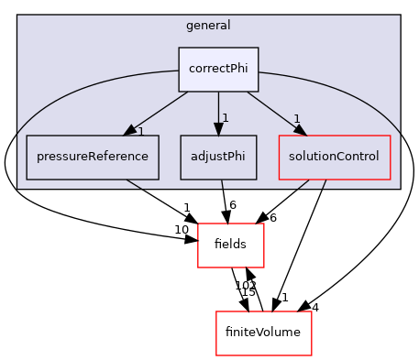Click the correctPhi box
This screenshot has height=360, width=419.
click(x=218, y=70)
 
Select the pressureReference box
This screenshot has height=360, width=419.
click(x=93, y=157)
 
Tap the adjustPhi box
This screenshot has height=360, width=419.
click(x=218, y=157)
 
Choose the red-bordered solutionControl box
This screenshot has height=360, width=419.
click(x=334, y=157)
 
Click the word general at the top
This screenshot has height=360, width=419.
click(x=209, y=26)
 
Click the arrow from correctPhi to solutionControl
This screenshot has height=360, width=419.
click(x=275, y=111)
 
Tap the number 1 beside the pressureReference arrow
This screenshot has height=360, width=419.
click(x=140, y=132)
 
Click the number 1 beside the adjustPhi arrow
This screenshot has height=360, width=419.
click(x=225, y=118)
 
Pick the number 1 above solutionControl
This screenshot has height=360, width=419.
click(x=297, y=119)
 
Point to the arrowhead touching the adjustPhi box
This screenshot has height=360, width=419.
click(x=218, y=129)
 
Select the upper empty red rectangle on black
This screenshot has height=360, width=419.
click(x=231, y=245)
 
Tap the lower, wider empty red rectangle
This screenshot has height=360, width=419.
click(x=264, y=333)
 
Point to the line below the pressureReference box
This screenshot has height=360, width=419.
click(x=134, y=183)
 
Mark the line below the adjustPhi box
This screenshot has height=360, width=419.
click(x=222, y=184)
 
